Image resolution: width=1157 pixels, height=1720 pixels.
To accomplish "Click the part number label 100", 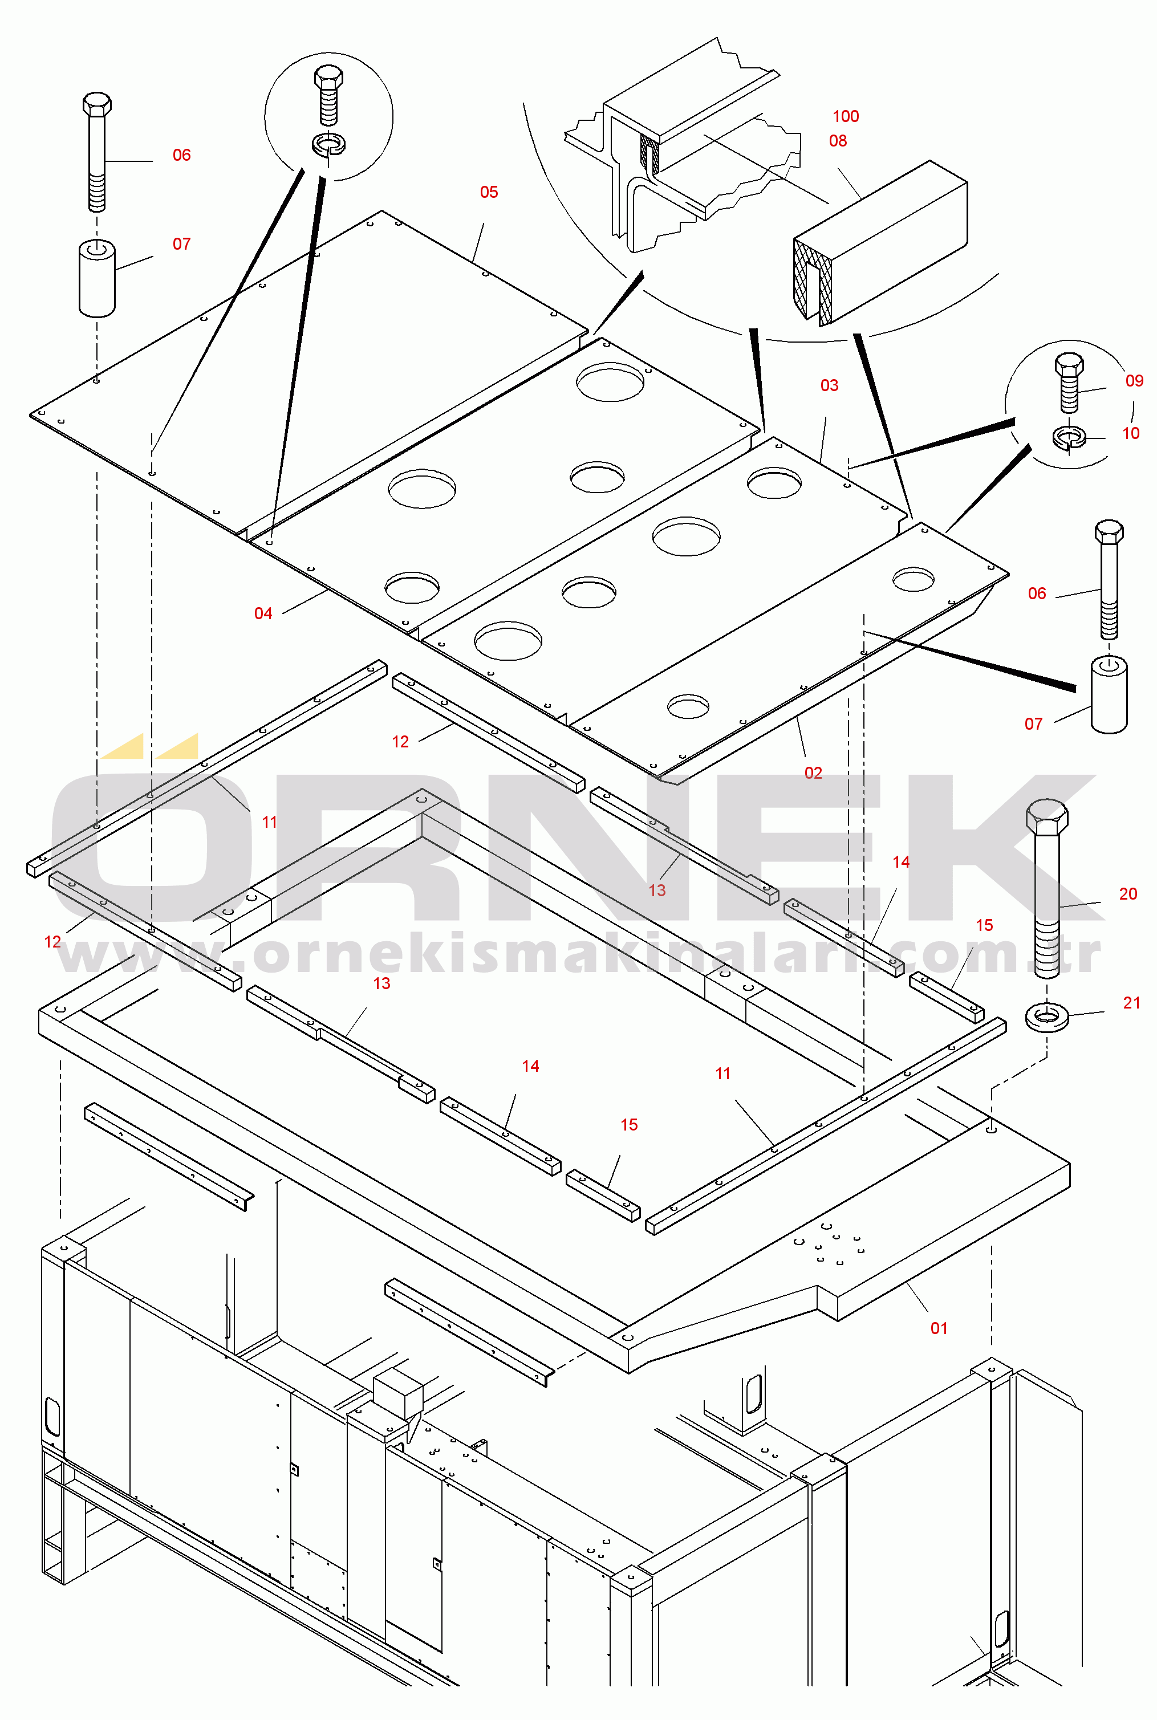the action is coord(846,116).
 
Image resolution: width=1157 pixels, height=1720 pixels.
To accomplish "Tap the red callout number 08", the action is coord(838,141).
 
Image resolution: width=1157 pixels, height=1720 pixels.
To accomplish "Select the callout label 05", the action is coord(489,192).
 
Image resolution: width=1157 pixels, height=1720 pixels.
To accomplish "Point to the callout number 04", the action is coord(263,613).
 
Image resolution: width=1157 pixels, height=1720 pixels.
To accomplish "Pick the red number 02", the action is coord(813,773).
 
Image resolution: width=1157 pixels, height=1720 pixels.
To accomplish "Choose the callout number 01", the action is coord(939,1328).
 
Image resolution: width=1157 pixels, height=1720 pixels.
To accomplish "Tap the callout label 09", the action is coord(1134,381).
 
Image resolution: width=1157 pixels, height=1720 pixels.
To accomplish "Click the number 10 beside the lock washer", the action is coord(1130,434).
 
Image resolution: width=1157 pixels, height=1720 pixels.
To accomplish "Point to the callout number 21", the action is coord(1131,1003).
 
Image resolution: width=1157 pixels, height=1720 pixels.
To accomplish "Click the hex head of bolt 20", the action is coord(1047,816).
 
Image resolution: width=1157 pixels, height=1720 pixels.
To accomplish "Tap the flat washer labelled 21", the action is coord(1046,1017).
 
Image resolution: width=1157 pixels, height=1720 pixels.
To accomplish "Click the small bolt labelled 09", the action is coord(1069,382).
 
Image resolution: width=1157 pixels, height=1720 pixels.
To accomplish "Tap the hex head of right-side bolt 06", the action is coord(1109,532).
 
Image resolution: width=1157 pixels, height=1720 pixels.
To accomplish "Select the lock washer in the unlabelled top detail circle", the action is coord(328,144).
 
